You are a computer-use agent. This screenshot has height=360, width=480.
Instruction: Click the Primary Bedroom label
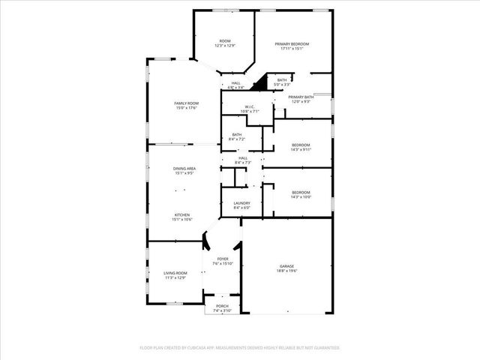(292, 44)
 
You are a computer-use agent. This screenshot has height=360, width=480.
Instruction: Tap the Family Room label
(186, 103)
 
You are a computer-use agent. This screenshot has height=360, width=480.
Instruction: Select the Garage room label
(286, 265)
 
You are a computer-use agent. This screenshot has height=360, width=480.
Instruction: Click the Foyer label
(223, 259)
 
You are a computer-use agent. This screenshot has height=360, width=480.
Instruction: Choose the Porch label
(222, 306)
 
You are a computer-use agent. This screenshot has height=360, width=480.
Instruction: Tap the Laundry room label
(241, 202)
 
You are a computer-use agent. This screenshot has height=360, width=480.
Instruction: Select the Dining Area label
(184, 169)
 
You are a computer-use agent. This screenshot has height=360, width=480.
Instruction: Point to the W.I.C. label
(250, 107)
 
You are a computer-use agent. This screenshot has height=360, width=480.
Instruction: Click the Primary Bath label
(301, 97)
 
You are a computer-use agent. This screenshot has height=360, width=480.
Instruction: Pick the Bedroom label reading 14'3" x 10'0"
(301, 197)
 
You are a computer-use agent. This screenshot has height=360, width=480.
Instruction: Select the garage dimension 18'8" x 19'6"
(286, 271)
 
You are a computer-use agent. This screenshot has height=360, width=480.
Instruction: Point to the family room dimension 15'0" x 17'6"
(186, 107)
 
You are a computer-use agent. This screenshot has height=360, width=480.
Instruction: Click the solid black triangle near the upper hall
(262, 85)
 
